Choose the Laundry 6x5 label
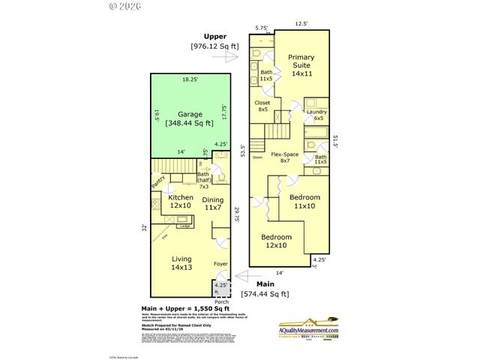click(315, 115)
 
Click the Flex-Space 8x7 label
click(285, 157)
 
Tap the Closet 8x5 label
click(262, 106)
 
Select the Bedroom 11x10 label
click(304, 201)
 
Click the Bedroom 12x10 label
click(276, 241)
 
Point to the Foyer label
click(220, 264)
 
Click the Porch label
click(220, 301)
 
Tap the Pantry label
click(157, 181)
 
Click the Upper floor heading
click(214, 36)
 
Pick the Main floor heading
click(265, 284)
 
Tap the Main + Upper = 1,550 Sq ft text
click(187, 308)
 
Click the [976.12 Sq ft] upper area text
click(214, 46)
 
